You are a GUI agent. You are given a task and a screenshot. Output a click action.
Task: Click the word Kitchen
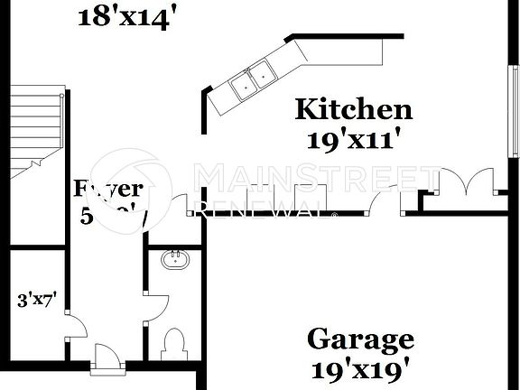coord(354,110)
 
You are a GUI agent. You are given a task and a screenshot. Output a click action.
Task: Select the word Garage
coord(361,340)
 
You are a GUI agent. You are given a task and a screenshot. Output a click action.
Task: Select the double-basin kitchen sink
coord(252,80)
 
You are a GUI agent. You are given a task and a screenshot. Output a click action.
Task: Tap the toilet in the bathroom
coord(172,344)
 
